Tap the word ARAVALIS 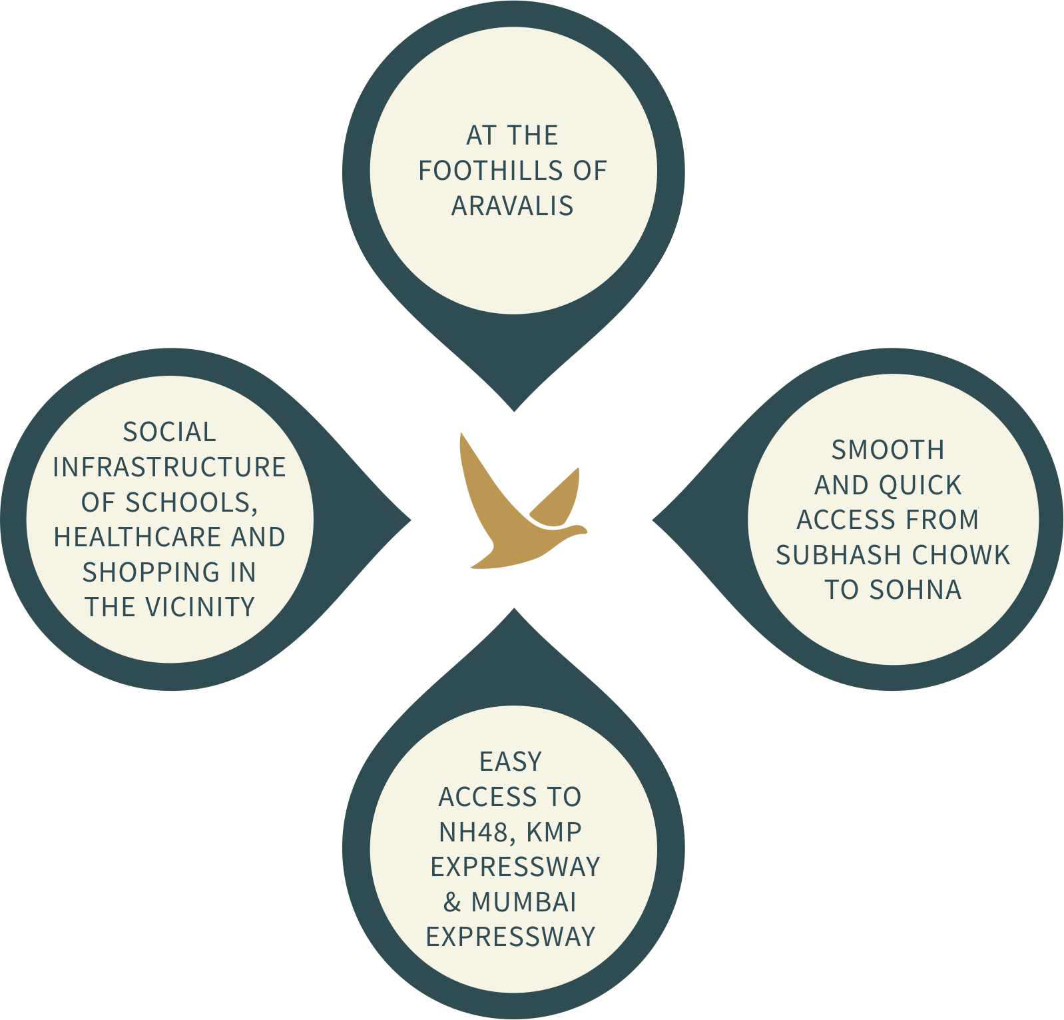(x=513, y=206)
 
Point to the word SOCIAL (x=170, y=432)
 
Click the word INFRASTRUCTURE (x=170, y=467)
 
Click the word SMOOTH (x=888, y=450)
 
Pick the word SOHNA (x=916, y=590)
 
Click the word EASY (x=511, y=762)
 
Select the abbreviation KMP (x=554, y=832)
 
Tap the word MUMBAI (x=524, y=902)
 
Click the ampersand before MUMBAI (x=452, y=902)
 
